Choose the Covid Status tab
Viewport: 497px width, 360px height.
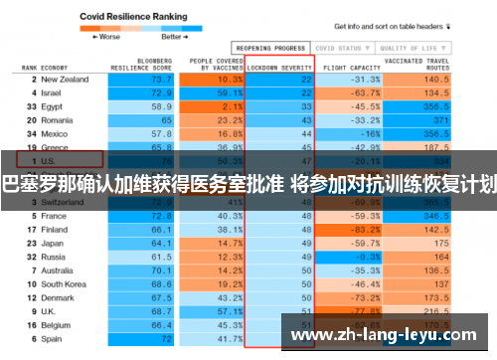338,47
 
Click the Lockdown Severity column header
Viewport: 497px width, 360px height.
280,67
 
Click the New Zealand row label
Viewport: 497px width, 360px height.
66,80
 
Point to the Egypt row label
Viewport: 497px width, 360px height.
53,105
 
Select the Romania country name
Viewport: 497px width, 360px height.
58,119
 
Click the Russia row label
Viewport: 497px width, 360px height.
54,257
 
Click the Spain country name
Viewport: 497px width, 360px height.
53,338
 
